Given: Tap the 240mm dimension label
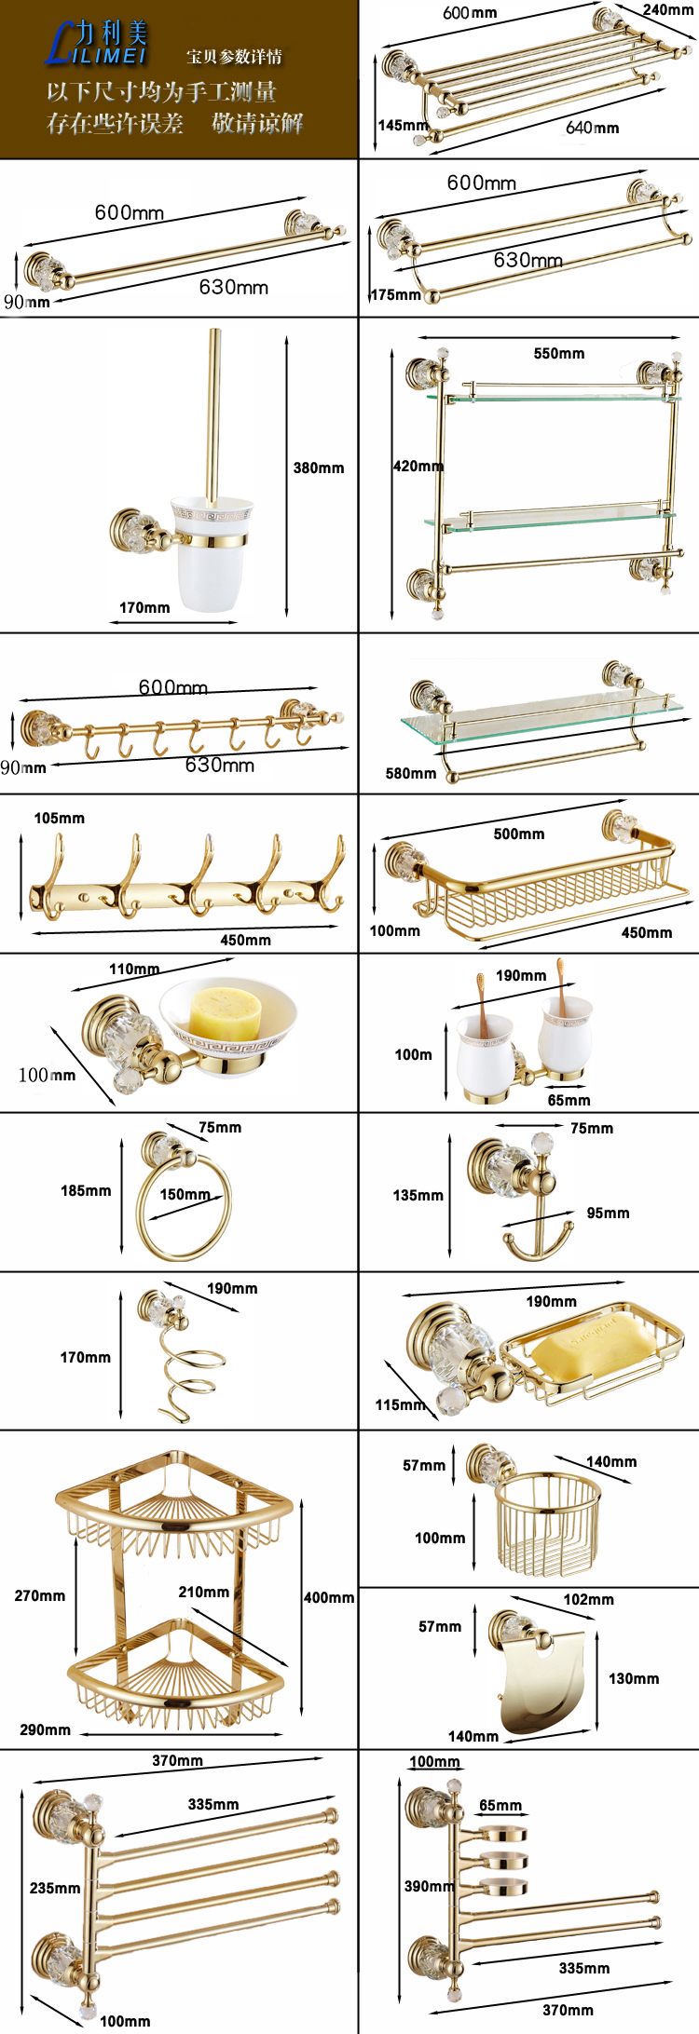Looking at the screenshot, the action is tap(667, 10).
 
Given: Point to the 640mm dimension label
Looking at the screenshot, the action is tap(592, 128).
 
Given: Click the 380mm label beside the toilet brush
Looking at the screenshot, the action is tap(319, 468).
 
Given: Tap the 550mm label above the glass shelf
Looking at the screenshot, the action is tap(559, 354).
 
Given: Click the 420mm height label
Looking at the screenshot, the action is tap(418, 466).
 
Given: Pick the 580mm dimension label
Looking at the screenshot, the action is tap(411, 773).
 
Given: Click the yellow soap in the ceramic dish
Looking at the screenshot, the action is tap(226, 1011).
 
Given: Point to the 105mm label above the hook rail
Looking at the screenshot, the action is tap(59, 818).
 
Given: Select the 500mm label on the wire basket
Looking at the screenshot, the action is tap(519, 834).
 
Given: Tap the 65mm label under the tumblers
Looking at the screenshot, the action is tap(569, 1100).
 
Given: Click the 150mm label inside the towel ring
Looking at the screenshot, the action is tap(185, 1194).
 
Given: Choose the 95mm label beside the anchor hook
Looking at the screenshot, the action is tap(608, 1213).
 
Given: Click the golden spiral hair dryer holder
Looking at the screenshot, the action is tap(186, 1369).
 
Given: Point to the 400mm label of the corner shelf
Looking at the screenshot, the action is tap(329, 1597).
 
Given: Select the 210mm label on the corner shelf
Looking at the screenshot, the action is tap(203, 1592).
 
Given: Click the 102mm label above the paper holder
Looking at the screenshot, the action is tap(588, 1599).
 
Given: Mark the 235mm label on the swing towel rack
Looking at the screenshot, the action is tap(54, 1888).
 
